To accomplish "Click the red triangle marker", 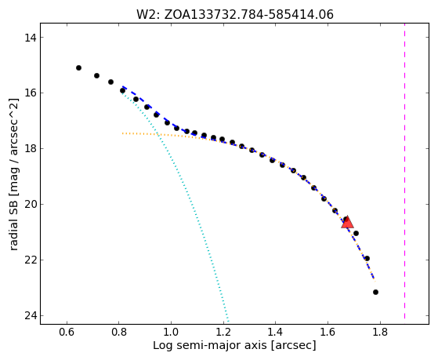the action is click(347, 223).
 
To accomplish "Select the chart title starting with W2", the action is click(235, 15).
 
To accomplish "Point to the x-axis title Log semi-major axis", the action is click(234, 345).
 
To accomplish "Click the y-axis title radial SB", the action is click(13, 174).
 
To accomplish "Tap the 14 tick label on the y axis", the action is click(30, 38).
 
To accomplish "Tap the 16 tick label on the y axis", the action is click(30, 93).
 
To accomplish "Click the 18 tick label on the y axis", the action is click(30, 149).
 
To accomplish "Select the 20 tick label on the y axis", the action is click(30, 205).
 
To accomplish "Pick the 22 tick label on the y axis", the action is click(30, 260).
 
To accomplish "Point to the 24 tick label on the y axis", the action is click(30, 316).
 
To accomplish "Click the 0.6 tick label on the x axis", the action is click(67, 333).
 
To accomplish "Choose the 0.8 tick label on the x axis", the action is click(119, 333).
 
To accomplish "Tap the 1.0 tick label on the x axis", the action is click(171, 333).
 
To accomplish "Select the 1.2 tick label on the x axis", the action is click(223, 333).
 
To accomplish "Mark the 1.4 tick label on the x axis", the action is click(276, 333).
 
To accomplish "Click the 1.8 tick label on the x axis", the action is click(380, 333).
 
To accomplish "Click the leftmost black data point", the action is click(79, 67).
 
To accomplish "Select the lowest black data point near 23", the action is click(375, 292).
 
